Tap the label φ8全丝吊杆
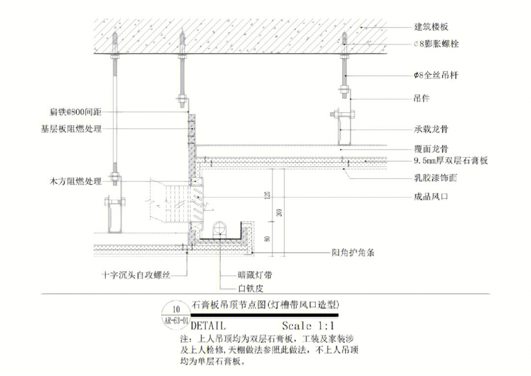coord(437,75)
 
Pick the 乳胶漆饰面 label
coord(435,178)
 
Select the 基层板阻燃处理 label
coord(71,129)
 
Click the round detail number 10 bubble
coord(177,310)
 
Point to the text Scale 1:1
coord(308,326)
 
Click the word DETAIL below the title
coord(207,326)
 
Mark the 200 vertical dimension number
coord(280,213)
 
